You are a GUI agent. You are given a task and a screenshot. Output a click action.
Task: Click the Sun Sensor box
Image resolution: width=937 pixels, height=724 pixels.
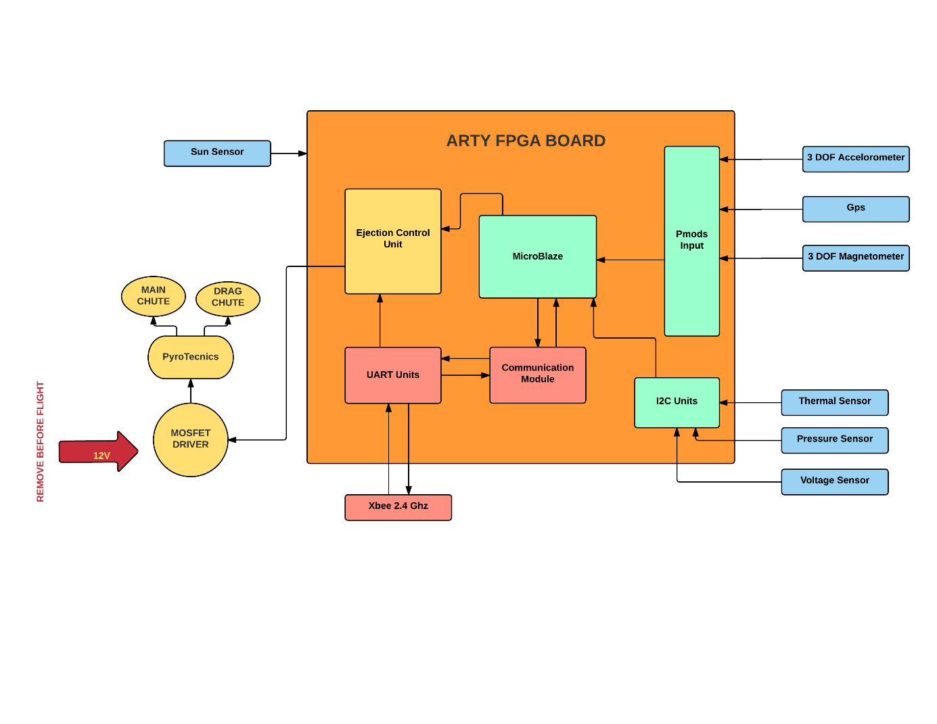[x=217, y=153]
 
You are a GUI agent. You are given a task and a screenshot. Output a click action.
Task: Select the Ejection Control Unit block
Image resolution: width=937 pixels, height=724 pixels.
[x=393, y=241]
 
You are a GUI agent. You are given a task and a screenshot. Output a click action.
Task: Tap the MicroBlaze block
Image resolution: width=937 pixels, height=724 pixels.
[x=538, y=257]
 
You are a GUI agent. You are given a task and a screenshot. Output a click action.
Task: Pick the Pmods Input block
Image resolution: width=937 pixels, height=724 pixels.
[x=691, y=241]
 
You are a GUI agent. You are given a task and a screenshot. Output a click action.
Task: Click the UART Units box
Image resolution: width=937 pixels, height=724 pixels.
[x=393, y=375]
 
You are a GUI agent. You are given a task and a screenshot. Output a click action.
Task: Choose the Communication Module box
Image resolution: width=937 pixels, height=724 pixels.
[x=538, y=375]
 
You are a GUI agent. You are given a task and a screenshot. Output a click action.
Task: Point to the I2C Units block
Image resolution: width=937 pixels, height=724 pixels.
[x=677, y=402]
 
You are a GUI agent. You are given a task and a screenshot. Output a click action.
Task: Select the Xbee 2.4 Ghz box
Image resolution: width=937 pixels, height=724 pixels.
[x=398, y=507]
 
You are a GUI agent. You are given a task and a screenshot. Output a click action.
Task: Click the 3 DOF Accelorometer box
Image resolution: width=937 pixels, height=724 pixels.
[x=856, y=159]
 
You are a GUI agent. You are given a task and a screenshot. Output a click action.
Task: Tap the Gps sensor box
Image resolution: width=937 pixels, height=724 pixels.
[x=856, y=209]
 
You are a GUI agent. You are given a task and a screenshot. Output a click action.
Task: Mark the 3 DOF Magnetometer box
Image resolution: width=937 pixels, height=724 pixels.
[x=856, y=258]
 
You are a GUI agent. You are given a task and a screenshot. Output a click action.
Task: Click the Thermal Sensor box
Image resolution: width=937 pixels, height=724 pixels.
[x=835, y=402]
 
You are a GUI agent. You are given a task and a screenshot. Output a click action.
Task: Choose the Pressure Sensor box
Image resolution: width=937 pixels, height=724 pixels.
[x=835, y=440]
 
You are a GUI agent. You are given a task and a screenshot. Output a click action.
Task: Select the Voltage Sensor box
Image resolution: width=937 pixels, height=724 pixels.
[x=835, y=481]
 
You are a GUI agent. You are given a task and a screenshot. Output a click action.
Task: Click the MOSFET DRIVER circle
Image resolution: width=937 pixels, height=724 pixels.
[x=191, y=439]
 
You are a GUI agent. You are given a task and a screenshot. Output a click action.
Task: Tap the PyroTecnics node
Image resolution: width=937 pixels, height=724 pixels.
[x=191, y=357]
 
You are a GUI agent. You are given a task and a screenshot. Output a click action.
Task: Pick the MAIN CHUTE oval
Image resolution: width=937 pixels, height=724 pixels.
[x=154, y=296]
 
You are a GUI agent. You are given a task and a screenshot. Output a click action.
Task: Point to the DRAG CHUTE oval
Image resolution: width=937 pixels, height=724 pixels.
[x=228, y=298]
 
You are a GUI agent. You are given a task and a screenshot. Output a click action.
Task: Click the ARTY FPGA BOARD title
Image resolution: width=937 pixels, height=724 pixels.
[x=526, y=141]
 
